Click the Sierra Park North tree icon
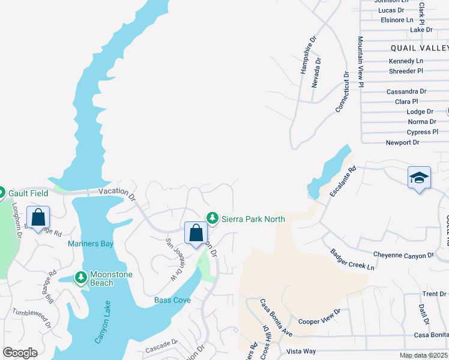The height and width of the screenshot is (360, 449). click(211, 218)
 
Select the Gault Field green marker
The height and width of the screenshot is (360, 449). click(1, 193)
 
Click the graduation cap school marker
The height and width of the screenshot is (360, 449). click(419, 178)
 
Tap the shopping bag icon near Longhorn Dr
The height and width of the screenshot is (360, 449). click(38, 218)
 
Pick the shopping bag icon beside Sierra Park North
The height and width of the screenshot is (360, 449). click(196, 233)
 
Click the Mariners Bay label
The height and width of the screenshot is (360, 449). click(91, 244)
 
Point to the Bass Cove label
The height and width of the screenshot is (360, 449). click(172, 300)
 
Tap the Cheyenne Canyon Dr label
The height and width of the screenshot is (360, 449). click(403, 255)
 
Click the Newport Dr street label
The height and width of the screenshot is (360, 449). click(402, 142)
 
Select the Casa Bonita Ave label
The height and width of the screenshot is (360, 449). click(276, 325)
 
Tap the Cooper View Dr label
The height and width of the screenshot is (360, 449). click(319, 316)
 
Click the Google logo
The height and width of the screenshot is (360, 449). click(20, 353)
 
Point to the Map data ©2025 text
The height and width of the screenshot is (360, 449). click(423, 355)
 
